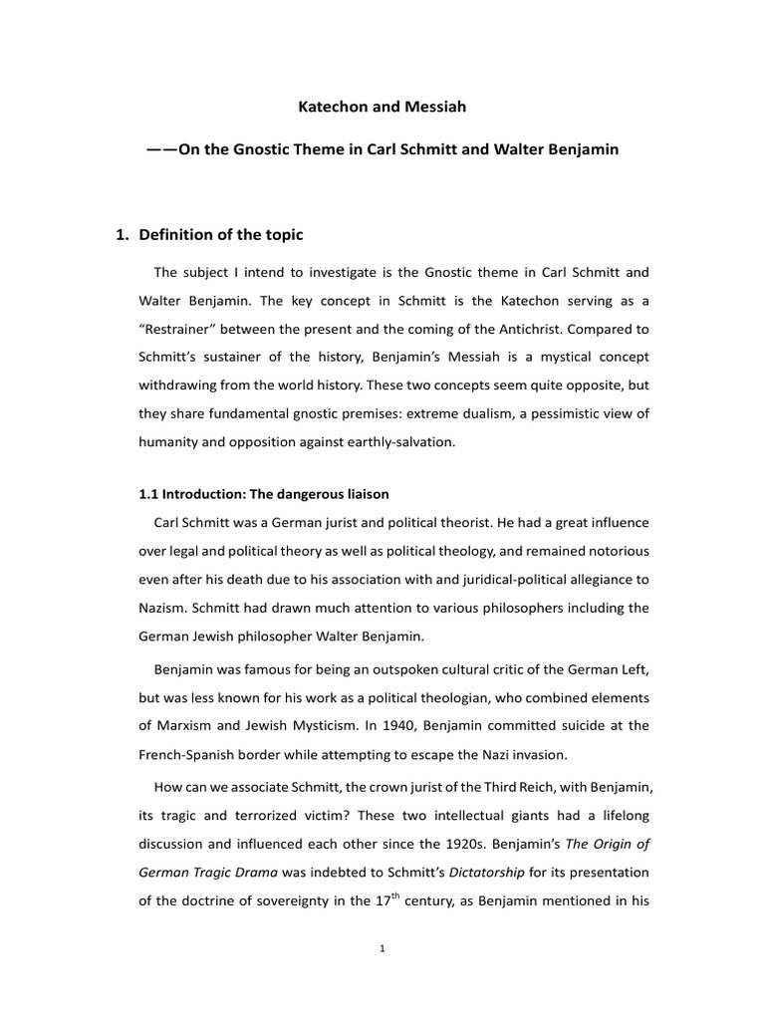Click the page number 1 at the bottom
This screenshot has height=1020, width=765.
point(382,949)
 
